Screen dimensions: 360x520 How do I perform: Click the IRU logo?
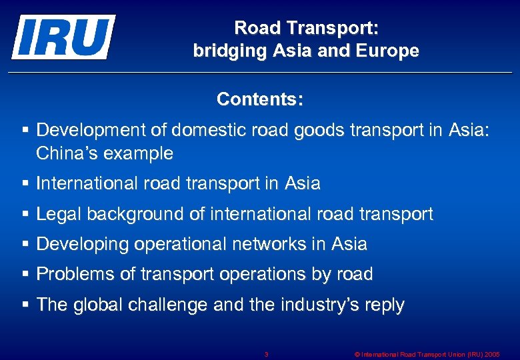click(x=63, y=37)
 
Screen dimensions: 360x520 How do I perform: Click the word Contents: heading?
click(x=260, y=100)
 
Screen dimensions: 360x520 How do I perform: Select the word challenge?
click(x=163, y=305)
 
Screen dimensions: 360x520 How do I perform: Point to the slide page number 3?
click(x=266, y=354)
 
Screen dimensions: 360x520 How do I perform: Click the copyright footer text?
click(x=427, y=354)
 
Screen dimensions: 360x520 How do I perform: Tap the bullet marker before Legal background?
click(x=25, y=214)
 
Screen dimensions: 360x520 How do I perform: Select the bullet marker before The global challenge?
click(x=25, y=305)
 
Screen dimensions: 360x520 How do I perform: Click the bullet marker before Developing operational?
click(x=25, y=244)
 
